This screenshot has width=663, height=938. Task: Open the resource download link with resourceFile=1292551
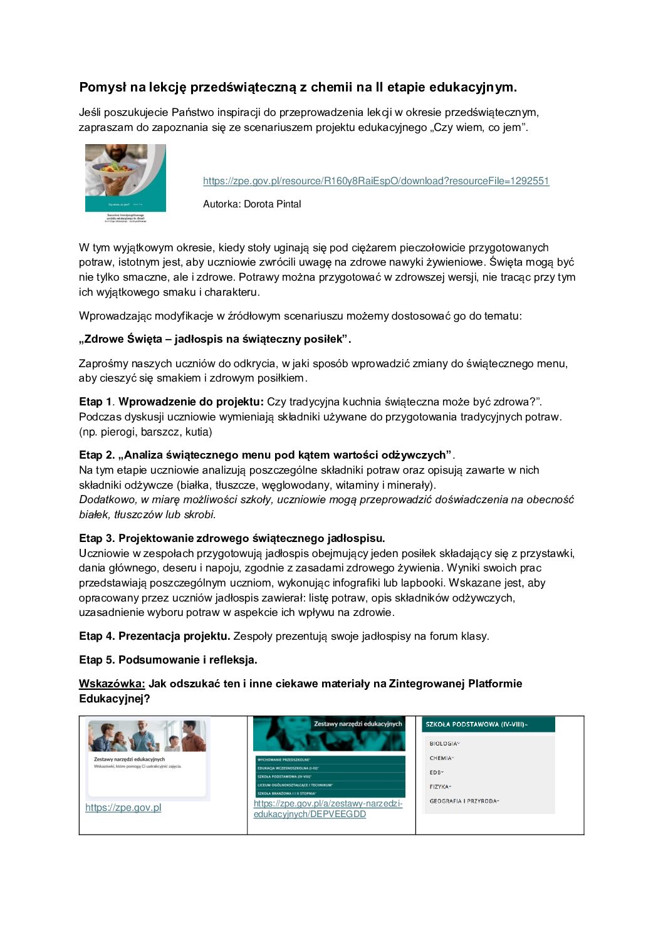pyautogui.click(x=376, y=181)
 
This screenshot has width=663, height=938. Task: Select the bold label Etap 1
pyautogui.click(x=96, y=402)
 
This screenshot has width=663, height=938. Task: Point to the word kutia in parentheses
pyautogui.click(x=197, y=432)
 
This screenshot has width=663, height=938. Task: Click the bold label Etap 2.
pyautogui.click(x=97, y=455)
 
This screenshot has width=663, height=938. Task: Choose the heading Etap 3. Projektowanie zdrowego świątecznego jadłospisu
pyautogui.click(x=232, y=538)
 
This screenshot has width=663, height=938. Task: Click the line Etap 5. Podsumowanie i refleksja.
pyautogui.click(x=168, y=660)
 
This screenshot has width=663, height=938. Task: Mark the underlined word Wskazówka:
pyautogui.click(x=112, y=684)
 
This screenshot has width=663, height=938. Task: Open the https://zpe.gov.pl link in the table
pyautogui.click(x=123, y=808)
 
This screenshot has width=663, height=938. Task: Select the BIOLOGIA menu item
pyautogui.click(x=443, y=744)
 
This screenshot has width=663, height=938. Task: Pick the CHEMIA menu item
pyautogui.click(x=440, y=758)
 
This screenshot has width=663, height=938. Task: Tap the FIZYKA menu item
pyautogui.click(x=439, y=786)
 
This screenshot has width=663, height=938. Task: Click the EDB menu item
pyautogui.click(x=436, y=773)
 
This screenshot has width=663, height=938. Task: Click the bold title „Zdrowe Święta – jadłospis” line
pyautogui.click(x=215, y=340)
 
